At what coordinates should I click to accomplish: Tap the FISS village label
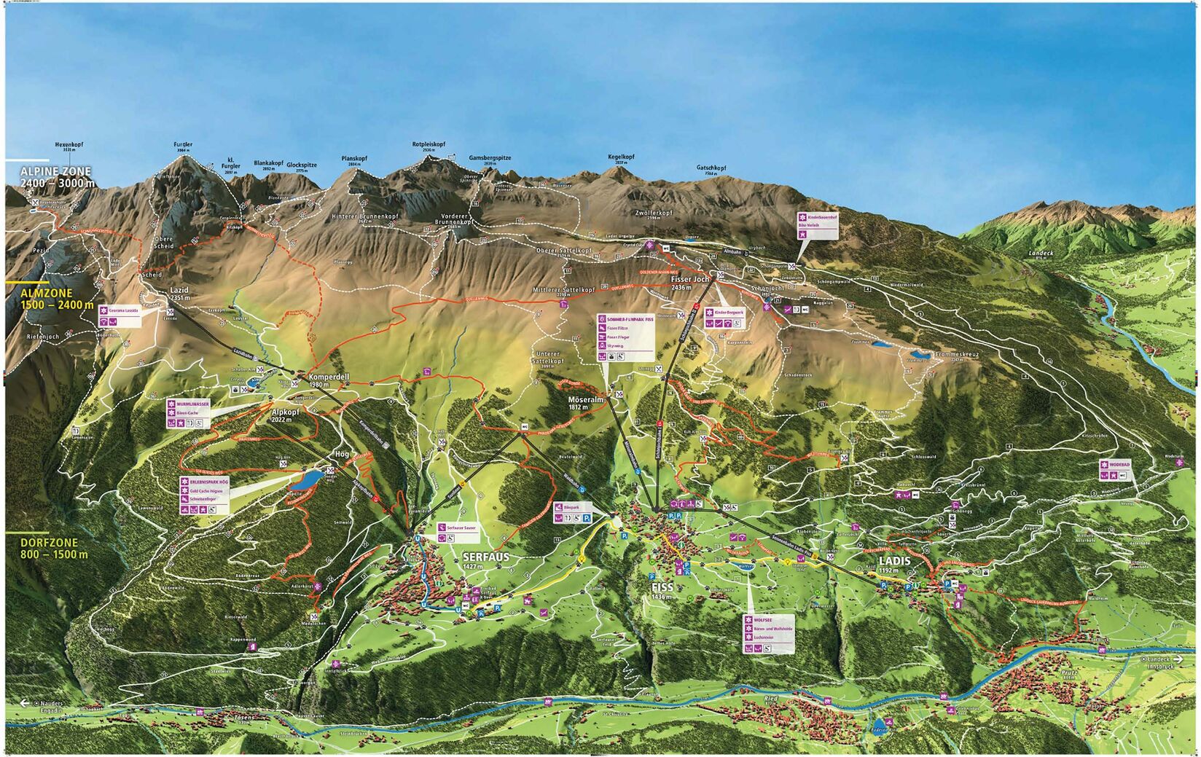662,587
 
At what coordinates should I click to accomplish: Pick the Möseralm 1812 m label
586,400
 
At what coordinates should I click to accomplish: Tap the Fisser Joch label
689,279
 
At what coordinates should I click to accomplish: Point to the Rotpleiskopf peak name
429,144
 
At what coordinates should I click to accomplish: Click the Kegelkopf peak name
621,157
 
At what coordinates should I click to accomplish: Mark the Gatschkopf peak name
711,168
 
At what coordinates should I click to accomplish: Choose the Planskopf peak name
354,158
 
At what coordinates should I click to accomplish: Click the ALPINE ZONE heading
56,171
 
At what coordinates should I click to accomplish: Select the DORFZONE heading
49,544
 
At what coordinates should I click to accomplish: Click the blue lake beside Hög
306,479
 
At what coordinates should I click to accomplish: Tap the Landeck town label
1041,252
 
